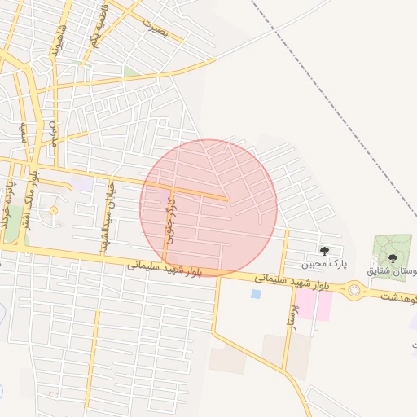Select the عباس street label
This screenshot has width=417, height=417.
click(x=53, y=134)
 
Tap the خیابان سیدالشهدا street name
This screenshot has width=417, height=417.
click(x=106, y=215)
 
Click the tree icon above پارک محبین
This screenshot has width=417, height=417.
click(x=325, y=250)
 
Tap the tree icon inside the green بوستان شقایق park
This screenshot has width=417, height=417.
click(x=393, y=257)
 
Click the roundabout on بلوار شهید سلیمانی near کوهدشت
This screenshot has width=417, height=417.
click(x=354, y=289)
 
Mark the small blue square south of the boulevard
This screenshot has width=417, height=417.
click(x=256, y=293)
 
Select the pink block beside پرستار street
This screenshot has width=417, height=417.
click(x=324, y=305)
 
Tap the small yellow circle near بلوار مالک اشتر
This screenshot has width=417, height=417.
click(x=54, y=211)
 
